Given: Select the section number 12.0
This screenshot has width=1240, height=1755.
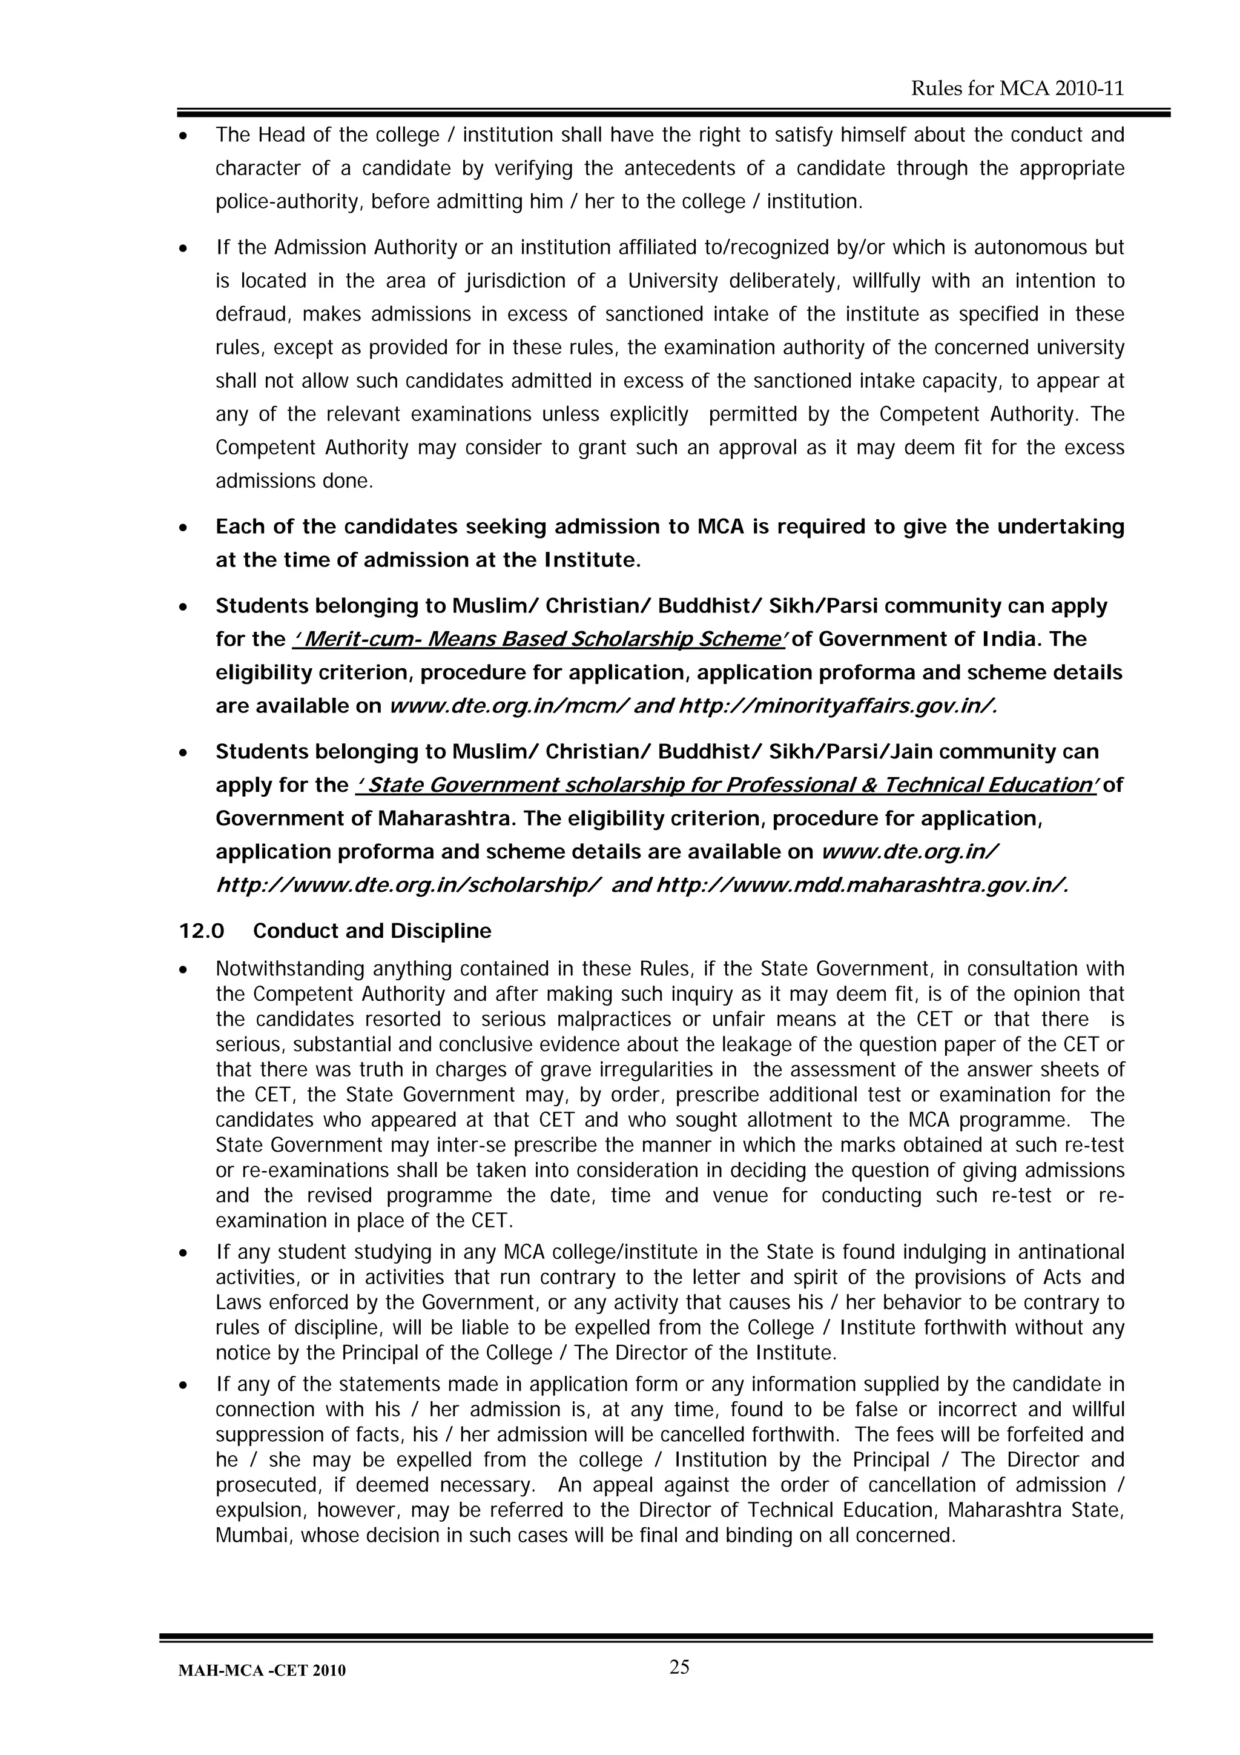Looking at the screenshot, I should pos(202,931).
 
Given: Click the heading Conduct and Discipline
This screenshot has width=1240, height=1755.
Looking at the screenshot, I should pos(372,931).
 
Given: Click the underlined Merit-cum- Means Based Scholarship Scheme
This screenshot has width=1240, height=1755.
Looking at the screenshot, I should pos(539,639).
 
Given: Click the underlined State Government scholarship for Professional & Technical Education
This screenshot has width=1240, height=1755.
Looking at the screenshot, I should pos(726,785).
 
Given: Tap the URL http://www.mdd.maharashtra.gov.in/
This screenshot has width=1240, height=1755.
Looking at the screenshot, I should pos(862,885).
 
